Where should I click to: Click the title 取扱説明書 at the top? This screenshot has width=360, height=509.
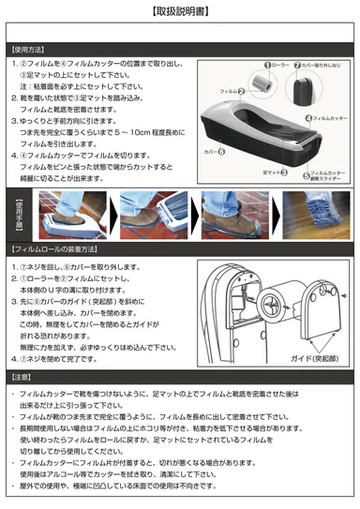pyautogui.click(x=180, y=11)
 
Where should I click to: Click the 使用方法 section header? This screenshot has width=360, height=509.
pyautogui.click(x=30, y=49)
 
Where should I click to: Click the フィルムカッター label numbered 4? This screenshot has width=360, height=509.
pyautogui.click(x=328, y=118)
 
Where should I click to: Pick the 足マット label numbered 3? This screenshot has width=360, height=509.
pyautogui.click(x=274, y=172)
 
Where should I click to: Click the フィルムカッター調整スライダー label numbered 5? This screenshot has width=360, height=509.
pyautogui.click(x=327, y=175)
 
